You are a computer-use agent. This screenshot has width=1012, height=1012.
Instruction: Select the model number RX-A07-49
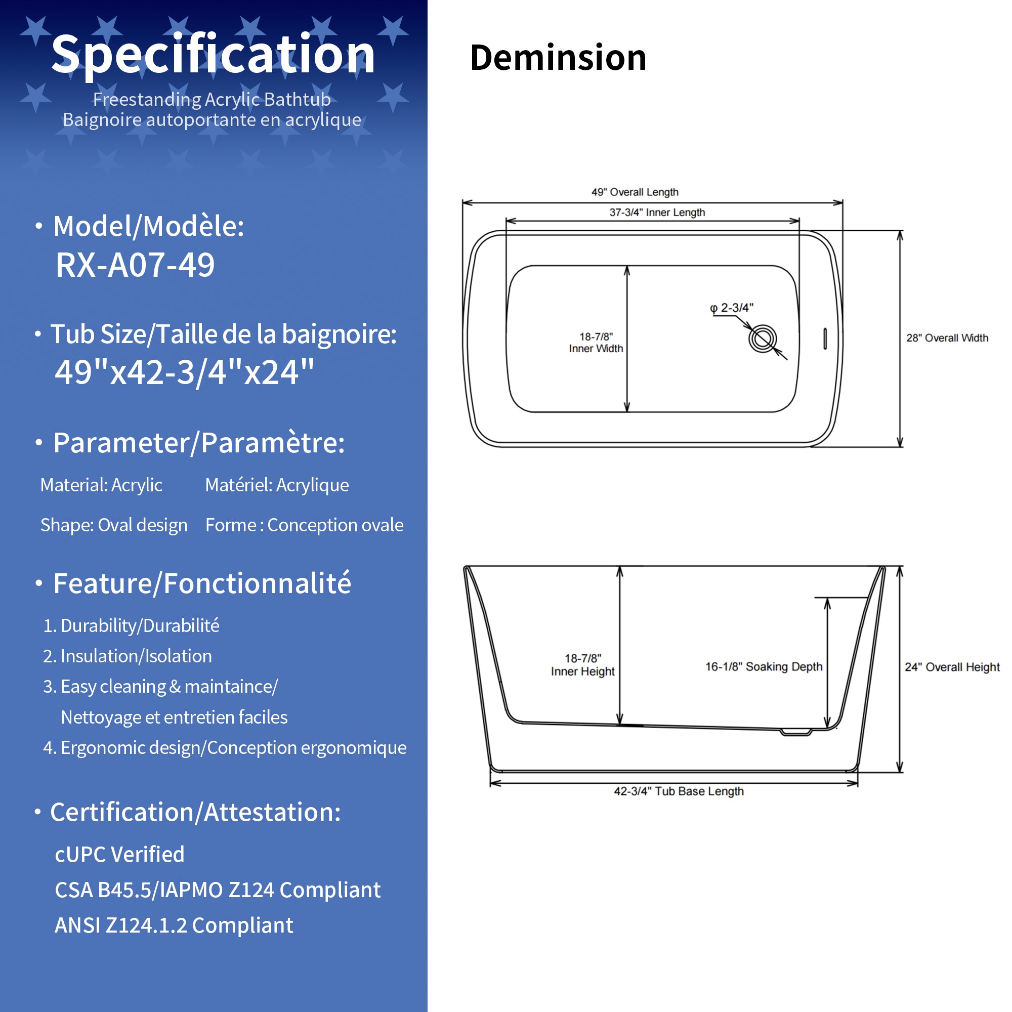pyautogui.click(x=135, y=265)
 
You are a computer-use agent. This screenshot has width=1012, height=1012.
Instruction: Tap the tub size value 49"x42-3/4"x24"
pyautogui.click(x=185, y=372)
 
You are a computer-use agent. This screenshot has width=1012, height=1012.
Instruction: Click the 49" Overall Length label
pyautogui.click(x=635, y=192)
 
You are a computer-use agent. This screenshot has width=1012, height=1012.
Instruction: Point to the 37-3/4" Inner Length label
pyautogui.click(x=657, y=212)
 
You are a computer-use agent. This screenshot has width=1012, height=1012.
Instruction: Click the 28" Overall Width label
pyautogui.click(x=947, y=338)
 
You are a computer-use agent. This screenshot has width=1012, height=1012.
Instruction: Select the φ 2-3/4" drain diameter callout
pyautogui.click(x=732, y=308)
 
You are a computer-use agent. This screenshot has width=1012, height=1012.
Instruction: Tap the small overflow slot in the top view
pyautogui.click(x=825, y=339)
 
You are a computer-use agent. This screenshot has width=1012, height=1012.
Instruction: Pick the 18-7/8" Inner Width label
pyautogui.click(x=596, y=343)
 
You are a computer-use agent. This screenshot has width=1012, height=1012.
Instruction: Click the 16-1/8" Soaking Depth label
pyautogui.click(x=764, y=666)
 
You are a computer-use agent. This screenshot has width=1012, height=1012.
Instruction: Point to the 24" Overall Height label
pyautogui.click(x=952, y=667)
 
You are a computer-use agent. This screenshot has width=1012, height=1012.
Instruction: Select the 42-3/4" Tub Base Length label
pyautogui.click(x=679, y=791)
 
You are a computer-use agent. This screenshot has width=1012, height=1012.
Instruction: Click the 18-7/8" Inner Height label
pyautogui.click(x=582, y=665)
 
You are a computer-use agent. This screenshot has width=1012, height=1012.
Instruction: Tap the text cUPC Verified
pyautogui.click(x=119, y=854)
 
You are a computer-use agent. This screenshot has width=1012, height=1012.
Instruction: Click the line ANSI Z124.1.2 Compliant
pyautogui.click(x=174, y=925)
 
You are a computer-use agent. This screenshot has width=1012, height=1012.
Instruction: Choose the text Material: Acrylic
pyautogui.click(x=101, y=485)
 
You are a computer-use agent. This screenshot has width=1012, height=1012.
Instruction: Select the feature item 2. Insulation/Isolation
pyautogui.click(x=128, y=656)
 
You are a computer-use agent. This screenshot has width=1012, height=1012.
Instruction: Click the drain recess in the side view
pyautogui.click(x=795, y=732)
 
